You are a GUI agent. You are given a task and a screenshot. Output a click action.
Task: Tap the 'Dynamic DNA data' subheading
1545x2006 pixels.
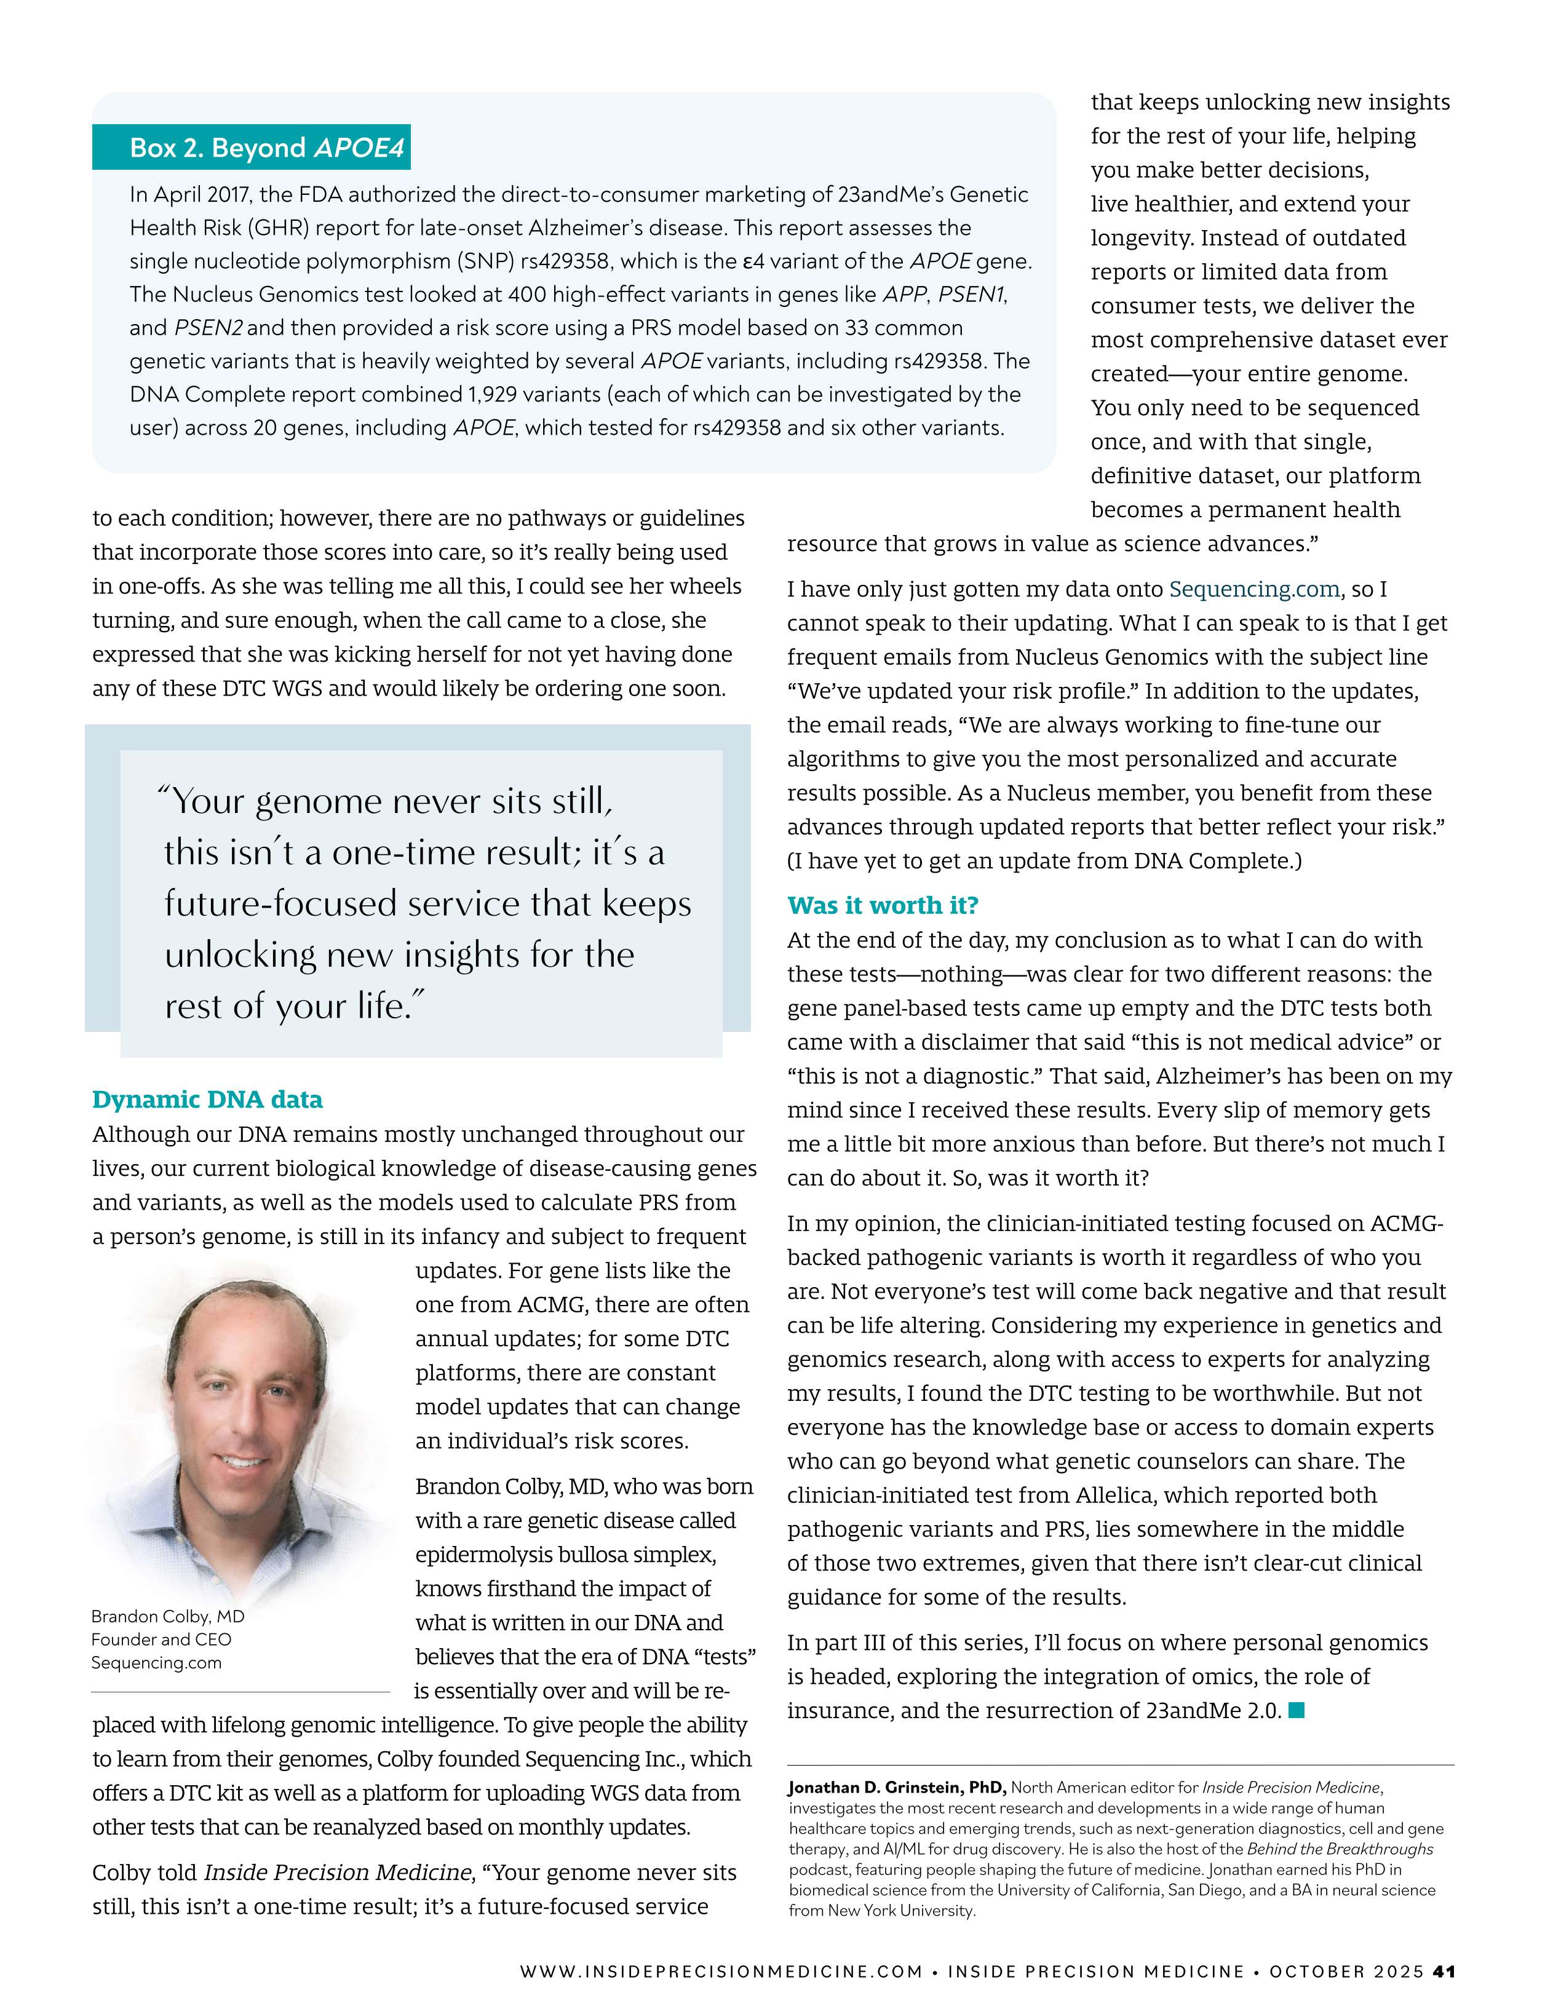208,1100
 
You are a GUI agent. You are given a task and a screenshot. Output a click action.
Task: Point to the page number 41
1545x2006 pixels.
1444,1971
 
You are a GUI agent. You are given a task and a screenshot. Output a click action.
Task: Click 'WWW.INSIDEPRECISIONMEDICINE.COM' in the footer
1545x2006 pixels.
721,1971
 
